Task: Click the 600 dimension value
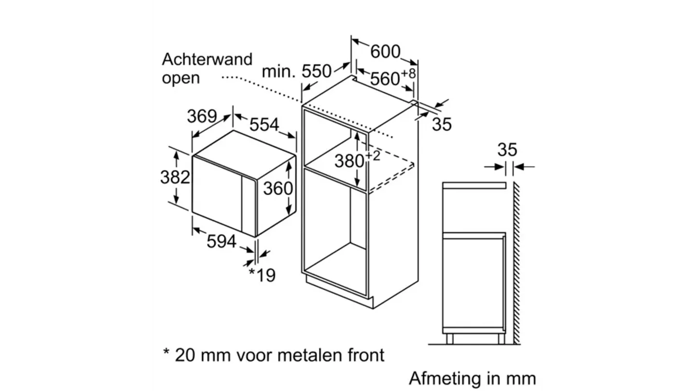click(386, 51)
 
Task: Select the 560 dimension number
click(386, 78)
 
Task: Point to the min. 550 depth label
click(297, 71)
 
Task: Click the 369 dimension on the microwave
click(201, 116)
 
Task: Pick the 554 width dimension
click(264, 125)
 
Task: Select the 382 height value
click(175, 177)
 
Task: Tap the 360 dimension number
click(278, 188)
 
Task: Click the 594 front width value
click(222, 241)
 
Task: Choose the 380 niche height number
click(349, 161)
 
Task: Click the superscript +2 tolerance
click(373, 155)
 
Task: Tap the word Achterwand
click(207, 59)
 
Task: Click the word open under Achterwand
click(181, 78)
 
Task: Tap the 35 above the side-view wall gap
click(507, 150)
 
